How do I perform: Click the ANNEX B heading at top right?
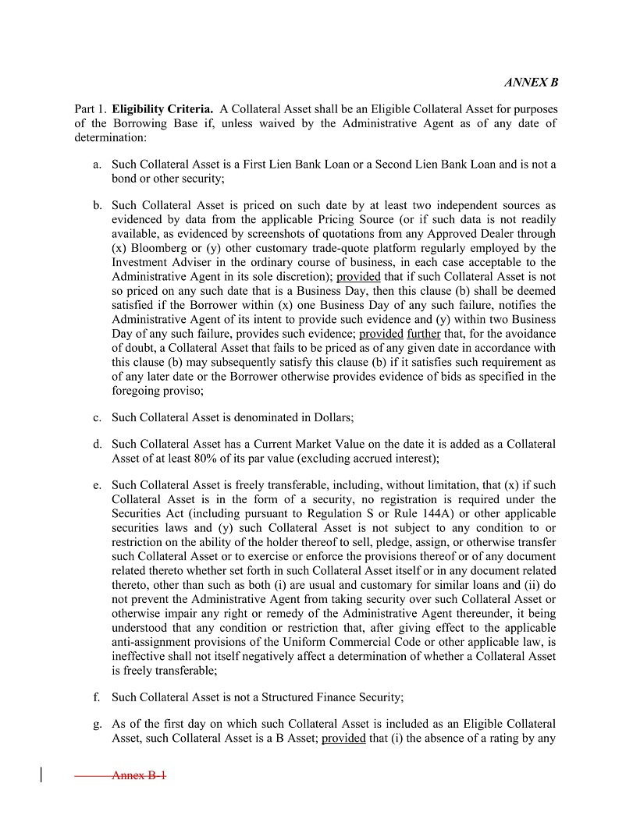(532, 82)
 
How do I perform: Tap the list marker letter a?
(97, 165)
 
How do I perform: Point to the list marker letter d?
(97, 444)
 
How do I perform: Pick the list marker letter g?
(97, 723)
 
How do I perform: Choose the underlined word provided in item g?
(343, 737)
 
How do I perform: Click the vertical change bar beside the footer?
(41, 775)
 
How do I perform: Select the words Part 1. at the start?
(91, 108)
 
